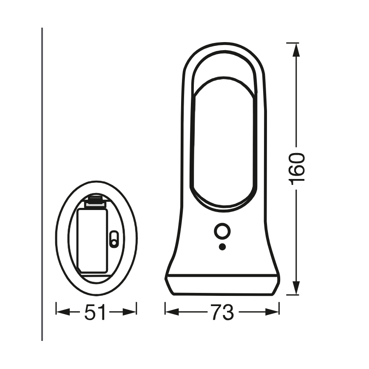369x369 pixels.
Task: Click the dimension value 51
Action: (x=96, y=312)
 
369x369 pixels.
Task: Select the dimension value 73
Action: (x=222, y=312)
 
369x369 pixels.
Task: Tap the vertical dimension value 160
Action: (x=297, y=168)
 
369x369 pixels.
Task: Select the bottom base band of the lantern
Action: (x=222, y=285)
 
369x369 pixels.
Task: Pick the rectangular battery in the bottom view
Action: (x=92, y=240)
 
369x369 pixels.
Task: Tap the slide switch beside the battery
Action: (x=114, y=239)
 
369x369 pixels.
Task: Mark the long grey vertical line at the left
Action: (x=42, y=183)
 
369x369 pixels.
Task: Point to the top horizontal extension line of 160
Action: (x=292, y=43)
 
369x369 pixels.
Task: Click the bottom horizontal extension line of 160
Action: (x=292, y=294)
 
